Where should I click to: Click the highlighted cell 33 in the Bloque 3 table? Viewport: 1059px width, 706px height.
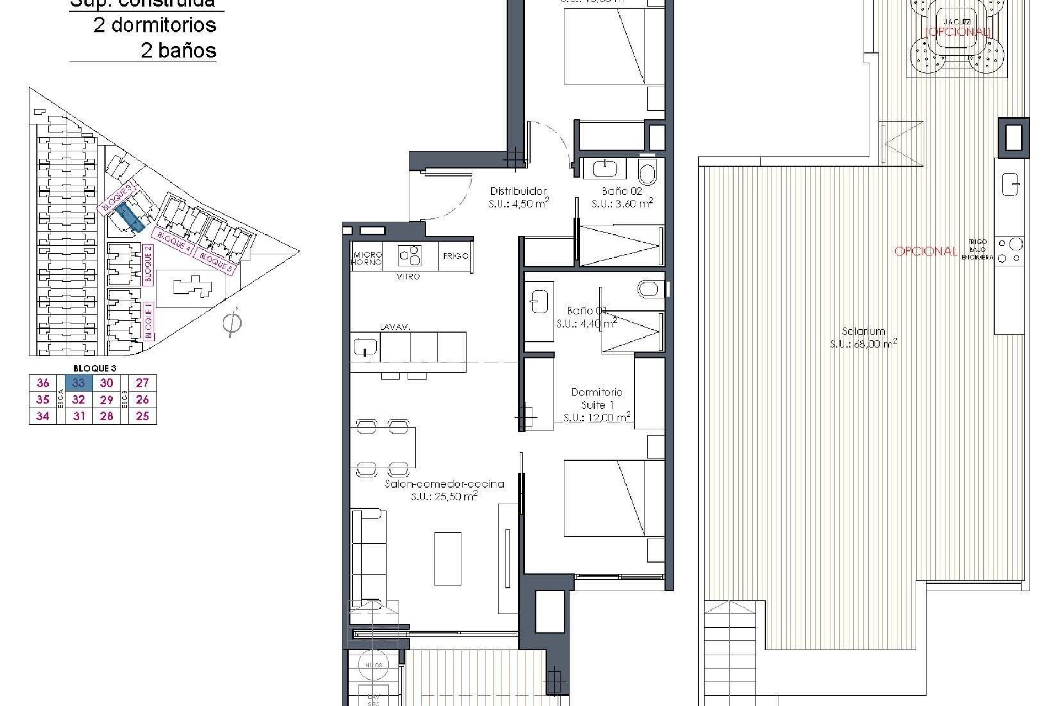[x=79, y=383]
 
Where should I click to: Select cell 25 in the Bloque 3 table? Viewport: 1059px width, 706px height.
[x=142, y=416]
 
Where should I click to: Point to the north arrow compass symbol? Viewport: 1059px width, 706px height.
[x=232, y=322]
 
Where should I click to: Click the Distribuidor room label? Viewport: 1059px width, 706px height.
[x=518, y=191]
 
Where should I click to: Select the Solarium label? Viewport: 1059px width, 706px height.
[x=863, y=331]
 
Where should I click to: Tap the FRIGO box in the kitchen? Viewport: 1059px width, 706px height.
[x=456, y=256]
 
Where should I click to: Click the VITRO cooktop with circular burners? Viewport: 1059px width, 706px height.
[x=410, y=256]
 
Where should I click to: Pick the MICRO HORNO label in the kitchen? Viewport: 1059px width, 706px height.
[x=367, y=258]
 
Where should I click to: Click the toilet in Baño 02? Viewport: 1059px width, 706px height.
[x=647, y=173]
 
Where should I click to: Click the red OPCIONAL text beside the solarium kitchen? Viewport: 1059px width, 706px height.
[x=926, y=252]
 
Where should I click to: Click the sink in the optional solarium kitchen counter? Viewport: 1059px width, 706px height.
[x=1010, y=184]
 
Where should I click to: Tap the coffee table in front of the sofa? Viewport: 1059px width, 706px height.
[x=447, y=558]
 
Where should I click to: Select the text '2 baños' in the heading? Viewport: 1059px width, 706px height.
[x=178, y=51]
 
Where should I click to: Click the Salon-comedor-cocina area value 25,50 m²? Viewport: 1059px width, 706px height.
[x=444, y=496]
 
